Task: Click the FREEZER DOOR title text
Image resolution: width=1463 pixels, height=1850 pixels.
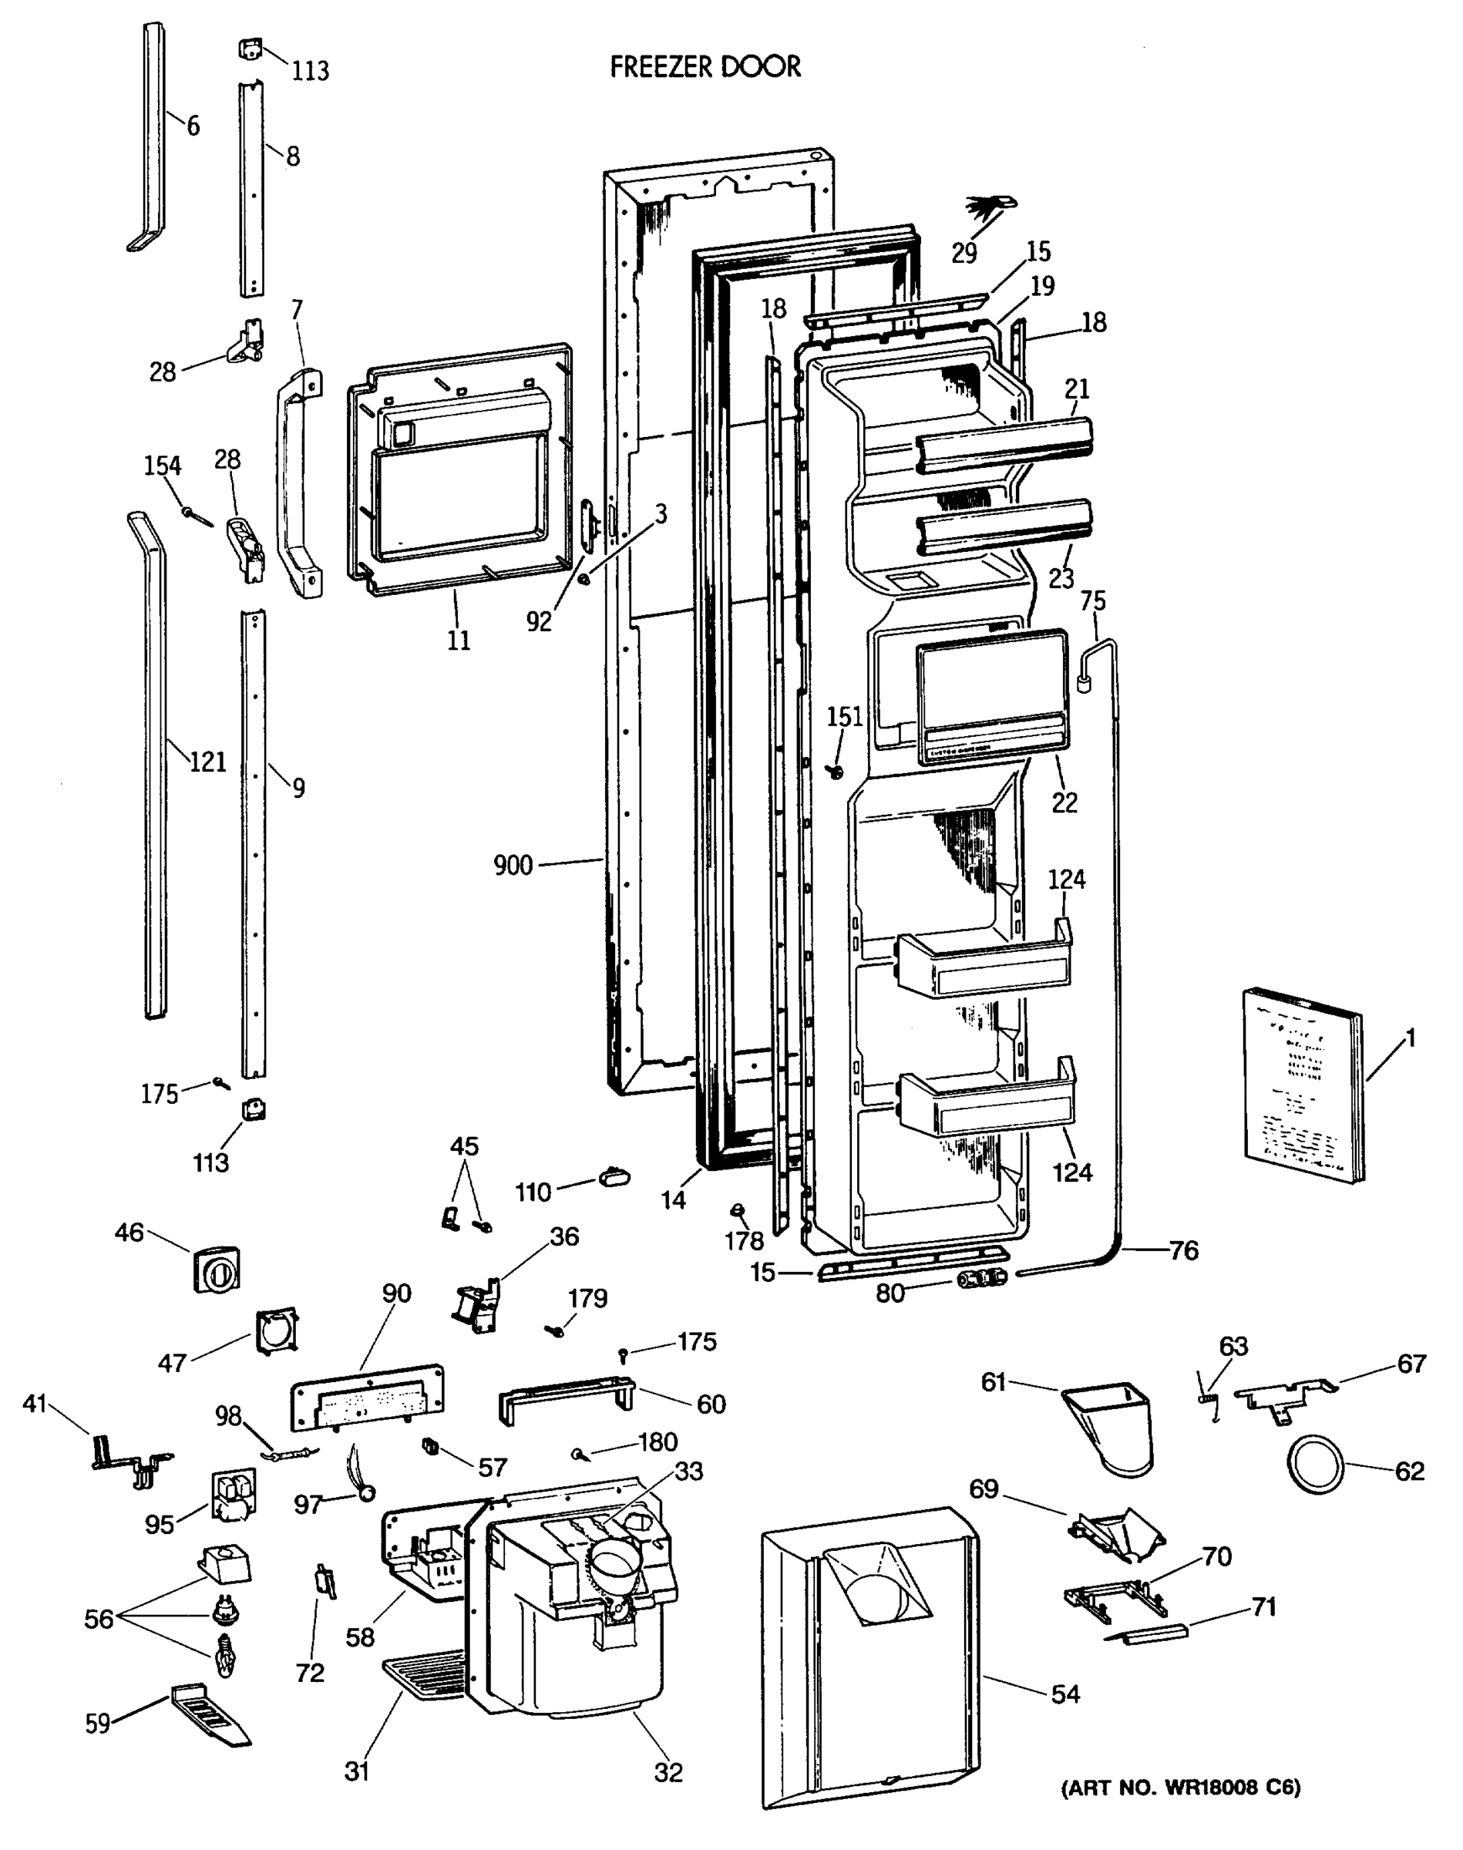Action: pyautogui.click(x=705, y=67)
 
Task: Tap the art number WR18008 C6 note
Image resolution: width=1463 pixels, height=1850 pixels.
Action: pyautogui.click(x=1180, y=1788)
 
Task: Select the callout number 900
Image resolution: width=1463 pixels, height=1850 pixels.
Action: pyautogui.click(x=513, y=865)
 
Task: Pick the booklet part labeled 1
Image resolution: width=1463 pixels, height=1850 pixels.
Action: pyautogui.click(x=1300, y=1085)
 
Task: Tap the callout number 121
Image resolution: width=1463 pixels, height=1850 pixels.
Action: pyautogui.click(x=207, y=761)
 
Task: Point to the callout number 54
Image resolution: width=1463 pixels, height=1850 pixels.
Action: pyautogui.click(x=1065, y=1694)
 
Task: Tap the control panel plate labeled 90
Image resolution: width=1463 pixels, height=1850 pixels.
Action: pyautogui.click(x=367, y=1397)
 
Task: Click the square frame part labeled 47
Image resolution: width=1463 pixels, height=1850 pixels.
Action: pyautogui.click(x=277, y=1330)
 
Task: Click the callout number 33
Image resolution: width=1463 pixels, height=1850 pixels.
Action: pyautogui.click(x=688, y=1471)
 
